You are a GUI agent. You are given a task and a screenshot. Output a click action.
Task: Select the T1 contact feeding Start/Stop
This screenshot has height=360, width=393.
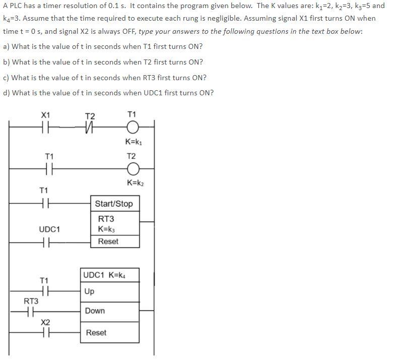44,204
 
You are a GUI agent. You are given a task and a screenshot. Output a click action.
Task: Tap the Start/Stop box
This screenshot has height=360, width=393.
114,204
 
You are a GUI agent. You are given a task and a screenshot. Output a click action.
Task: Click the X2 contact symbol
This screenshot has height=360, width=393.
45,333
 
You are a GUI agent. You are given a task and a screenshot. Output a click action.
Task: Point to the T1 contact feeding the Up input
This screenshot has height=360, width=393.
44,291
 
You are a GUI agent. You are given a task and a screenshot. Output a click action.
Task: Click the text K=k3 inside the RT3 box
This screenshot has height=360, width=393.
108,229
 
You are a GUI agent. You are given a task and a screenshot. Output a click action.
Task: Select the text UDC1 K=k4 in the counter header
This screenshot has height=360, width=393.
109,275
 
